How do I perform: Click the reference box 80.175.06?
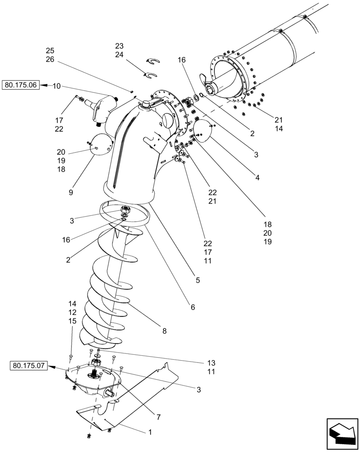(x=21, y=85)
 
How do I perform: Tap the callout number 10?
(x=57, y=86)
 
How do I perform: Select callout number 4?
(x=257, y=178)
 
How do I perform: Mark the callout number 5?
(x=198, y=280)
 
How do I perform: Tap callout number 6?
(x=193, y=307)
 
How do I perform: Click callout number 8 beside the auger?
(x=164, y=331)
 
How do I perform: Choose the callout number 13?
(x=212, y=363)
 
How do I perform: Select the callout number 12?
(x=72, y=312)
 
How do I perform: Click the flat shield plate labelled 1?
(x=136, y=398)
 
